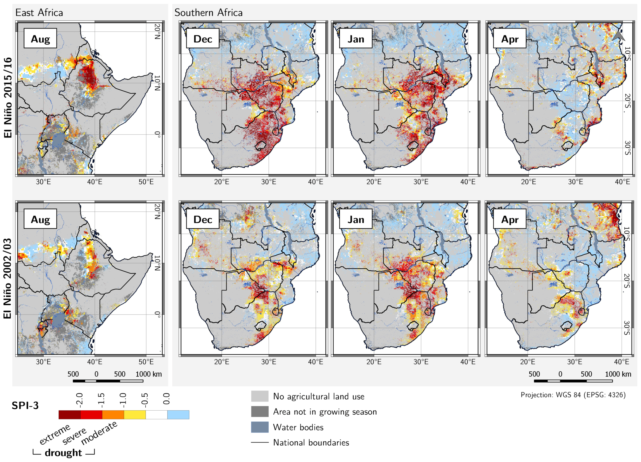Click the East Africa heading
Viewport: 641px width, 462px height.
click(39, 13)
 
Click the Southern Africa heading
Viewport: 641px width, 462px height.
click(208, 13)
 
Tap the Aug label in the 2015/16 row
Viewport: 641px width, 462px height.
click(40, 39)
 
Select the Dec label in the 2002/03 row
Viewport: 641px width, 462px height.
click(202, 219)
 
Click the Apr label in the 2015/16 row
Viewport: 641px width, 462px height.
click(510, 39)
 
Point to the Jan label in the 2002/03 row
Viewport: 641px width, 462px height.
click(355, 219)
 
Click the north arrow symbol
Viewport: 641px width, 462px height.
click(619, 35)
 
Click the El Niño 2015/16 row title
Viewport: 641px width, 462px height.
click(8, 98)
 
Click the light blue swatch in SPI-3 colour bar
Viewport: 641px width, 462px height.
click(178, 415)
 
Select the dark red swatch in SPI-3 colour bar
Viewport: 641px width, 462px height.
click(69, 415)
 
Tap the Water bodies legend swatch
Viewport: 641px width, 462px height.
click(259, 427)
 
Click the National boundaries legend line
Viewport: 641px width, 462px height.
click(259, 442)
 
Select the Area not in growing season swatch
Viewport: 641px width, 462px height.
click(259, 411)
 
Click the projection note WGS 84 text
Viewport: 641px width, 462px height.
click(573, 395)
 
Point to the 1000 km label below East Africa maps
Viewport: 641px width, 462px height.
click(148, 374)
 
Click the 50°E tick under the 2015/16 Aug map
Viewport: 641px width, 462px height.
click(146, 182)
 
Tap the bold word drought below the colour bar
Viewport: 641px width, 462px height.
click(63, 453)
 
